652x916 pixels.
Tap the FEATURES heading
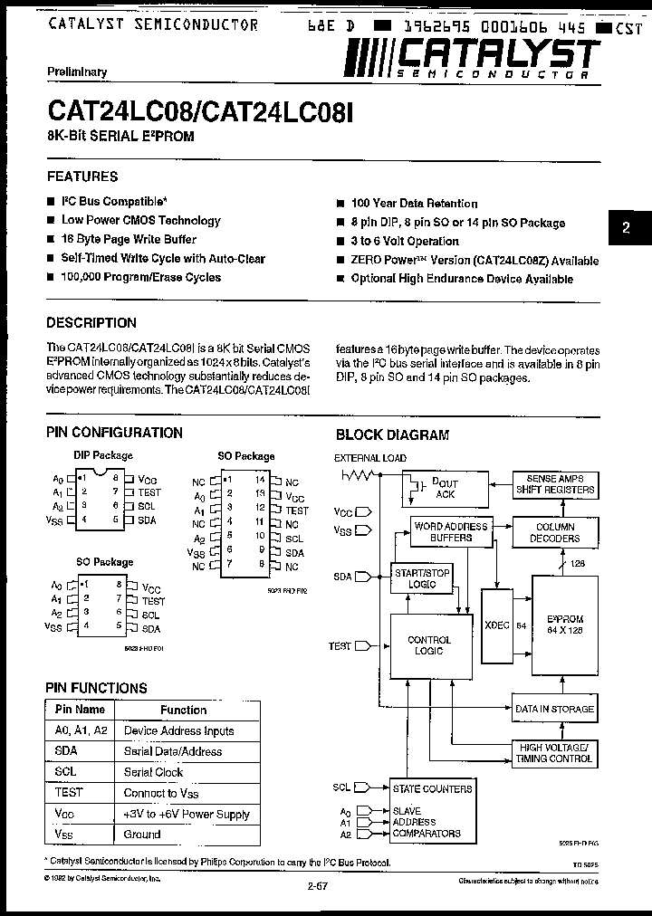click(82, 177)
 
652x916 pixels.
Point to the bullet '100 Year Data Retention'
click(414, 204)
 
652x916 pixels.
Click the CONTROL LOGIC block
click(429, 645)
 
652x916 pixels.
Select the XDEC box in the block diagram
click(496, 624)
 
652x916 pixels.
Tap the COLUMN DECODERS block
click(555, 532)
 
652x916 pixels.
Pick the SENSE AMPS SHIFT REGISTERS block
click(555, 484)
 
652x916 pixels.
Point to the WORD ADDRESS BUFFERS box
click(450, 531)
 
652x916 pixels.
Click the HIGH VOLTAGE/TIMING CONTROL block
click(555, 752)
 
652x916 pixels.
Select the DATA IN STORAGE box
click(555, 709)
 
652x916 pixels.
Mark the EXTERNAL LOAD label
click(370, 458)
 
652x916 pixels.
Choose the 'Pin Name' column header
click(80, 710)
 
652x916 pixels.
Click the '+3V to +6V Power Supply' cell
click(187, 814)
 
